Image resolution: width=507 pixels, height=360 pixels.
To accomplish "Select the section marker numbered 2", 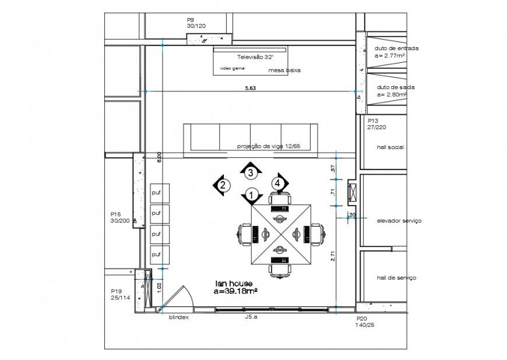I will [222, 186].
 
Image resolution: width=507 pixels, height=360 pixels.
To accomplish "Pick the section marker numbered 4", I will [279, 183].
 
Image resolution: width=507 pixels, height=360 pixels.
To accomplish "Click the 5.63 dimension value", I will [250, 88].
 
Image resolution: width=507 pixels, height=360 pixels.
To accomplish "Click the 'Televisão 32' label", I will [255, 58].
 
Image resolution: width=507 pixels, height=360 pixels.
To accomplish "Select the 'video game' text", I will [232, 68].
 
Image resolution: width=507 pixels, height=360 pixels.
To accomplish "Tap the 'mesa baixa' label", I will [284, 70].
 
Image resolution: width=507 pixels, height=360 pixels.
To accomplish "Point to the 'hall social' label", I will [390, 147].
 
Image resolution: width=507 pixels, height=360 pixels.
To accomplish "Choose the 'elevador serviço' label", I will [399, 221].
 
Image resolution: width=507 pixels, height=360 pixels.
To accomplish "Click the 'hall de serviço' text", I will [396, 278].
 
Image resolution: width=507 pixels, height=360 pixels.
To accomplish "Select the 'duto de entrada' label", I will [397, 48].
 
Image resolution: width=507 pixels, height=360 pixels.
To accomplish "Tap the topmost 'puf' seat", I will [156, 192].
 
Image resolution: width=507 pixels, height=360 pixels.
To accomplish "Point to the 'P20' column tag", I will [362, 319].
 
